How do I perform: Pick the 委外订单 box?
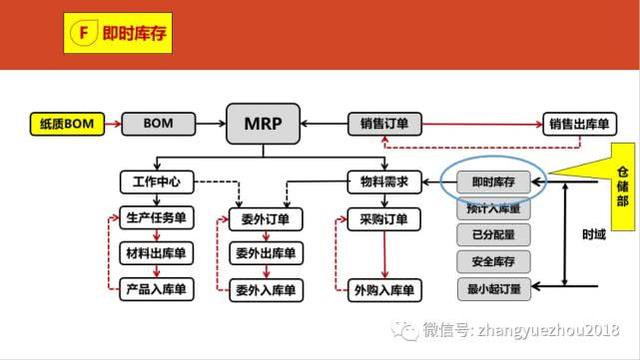[x=264, y=218]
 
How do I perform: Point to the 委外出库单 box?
[x=264, y=253]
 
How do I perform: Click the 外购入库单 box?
[x=384, y=290]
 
